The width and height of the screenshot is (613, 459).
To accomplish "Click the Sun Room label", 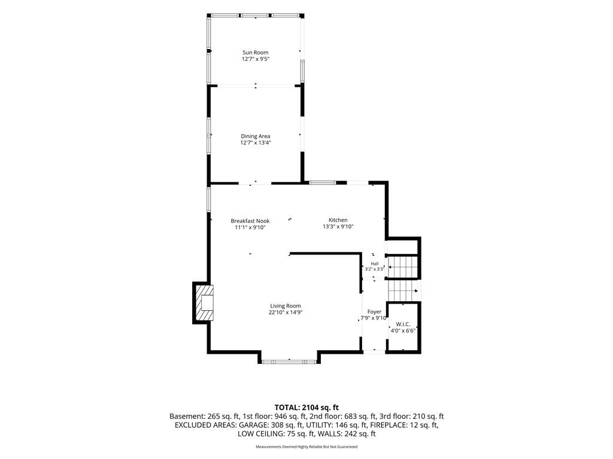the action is (255, 53).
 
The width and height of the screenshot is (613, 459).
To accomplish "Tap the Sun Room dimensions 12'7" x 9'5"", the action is (256, 59).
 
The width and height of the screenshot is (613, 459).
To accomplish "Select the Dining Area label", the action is (255, 136).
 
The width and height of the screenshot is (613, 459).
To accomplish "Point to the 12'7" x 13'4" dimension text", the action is (256, 143).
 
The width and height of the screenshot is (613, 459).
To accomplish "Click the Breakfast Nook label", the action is (250, 221).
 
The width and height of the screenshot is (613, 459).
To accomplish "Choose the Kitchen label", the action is (338, 220).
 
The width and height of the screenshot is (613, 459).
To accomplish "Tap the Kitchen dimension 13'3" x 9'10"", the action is (338, 227).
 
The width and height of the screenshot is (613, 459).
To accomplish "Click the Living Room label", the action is (286, 306).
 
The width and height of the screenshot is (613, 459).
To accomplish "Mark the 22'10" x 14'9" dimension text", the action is (286, 312).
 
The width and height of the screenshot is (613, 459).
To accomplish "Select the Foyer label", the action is (375, 312).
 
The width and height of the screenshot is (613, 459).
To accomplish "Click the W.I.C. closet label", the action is (403, 325).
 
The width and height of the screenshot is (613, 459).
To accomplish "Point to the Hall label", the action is (375, 264).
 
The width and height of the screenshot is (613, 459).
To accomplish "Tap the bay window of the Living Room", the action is (289, 362).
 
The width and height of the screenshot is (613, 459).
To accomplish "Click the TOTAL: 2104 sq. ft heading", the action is (306, 408).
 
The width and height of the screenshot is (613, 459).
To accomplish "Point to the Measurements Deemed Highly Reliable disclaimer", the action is (306, 447).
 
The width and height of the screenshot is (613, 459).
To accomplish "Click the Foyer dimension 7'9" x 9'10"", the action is (374, 318).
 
